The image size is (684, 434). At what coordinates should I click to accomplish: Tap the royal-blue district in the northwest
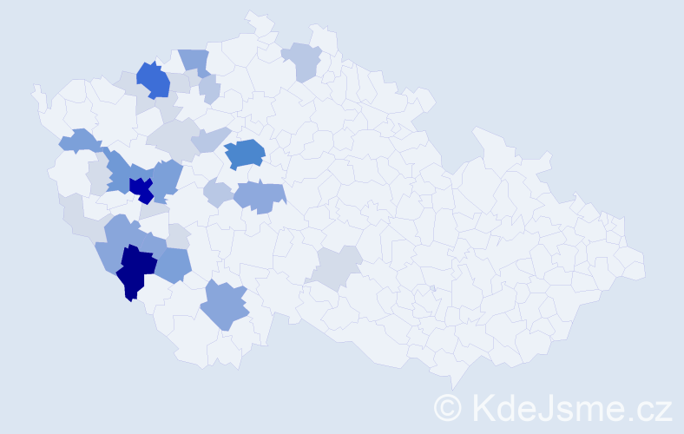click(153, 80)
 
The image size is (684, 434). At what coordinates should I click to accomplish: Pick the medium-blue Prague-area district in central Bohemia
click(245, 153)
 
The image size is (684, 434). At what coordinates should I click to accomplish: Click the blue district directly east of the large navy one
click(174, 265)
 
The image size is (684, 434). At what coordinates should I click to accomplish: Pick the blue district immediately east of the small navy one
click(168, 177)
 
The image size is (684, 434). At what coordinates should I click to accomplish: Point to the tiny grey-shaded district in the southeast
click(431, 288)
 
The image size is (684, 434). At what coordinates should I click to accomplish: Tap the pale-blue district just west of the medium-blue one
click(210, 139)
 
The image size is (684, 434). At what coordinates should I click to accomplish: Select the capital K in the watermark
click(483, 407)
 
